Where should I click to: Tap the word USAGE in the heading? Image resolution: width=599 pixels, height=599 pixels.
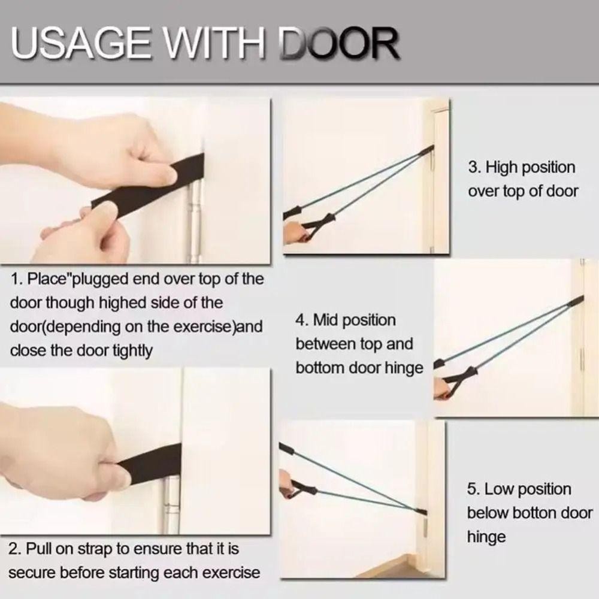(81, 44)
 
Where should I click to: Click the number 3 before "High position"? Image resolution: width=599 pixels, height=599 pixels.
(474, 167)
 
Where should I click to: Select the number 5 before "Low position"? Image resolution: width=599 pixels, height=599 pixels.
(473, 489)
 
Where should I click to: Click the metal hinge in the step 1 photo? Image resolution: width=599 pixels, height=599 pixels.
(195, 222)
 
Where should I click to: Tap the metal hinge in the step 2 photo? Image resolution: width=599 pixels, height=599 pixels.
(171, 504)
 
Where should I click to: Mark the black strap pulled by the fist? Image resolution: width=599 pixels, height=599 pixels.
(151, 464)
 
